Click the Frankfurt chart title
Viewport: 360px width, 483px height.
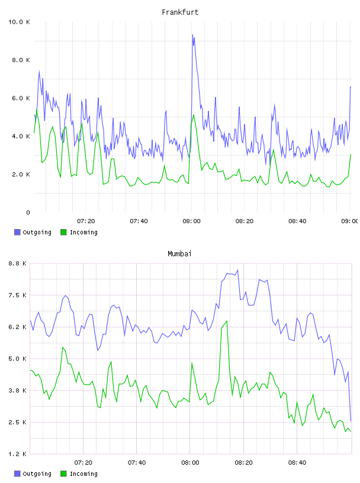[x=180, y=12]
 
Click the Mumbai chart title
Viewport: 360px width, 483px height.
[x=179, y=254]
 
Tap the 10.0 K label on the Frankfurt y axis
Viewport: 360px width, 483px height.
[x=19, y=22]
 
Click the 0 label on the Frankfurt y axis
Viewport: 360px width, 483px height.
[x=28, y=212]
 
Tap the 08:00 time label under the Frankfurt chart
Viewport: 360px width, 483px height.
[x=191, y=221]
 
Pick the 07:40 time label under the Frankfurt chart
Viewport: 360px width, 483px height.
[x=139, y=221]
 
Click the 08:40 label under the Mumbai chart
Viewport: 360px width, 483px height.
[x=297, y=463]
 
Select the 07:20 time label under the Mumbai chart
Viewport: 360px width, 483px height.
[x=83, y=463]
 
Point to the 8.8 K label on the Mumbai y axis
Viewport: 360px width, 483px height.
[x=18, y=263]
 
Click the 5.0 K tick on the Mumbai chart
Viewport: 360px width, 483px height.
[x=18, y=359]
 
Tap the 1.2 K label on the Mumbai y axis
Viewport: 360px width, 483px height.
[x=18, y=454]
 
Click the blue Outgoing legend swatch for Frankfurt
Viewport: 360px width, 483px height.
[x=17, y=232]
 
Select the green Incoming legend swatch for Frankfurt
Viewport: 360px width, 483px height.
[x=63, y=232]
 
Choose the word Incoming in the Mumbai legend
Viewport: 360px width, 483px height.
[x=83, y=474]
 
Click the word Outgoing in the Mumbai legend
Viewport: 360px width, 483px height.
[x=37, y=474]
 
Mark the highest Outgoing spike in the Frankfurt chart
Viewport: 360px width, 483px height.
[x=192, y=35]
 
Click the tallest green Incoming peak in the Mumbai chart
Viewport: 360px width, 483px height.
[x=227, y=321]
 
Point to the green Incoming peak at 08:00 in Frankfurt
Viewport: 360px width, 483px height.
[x=194, y=115]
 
